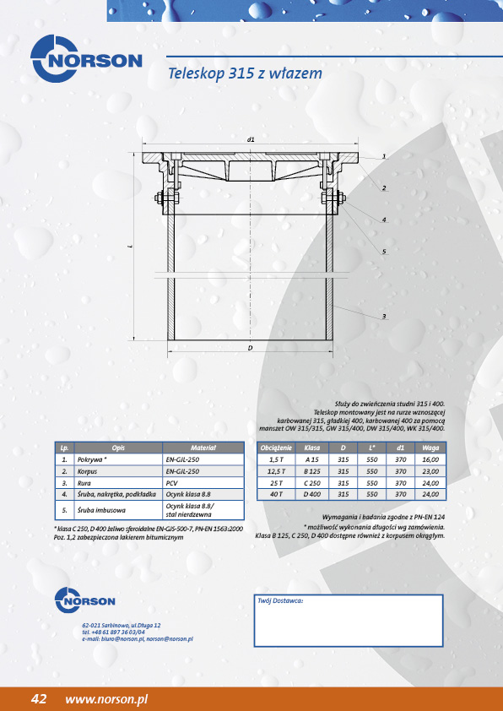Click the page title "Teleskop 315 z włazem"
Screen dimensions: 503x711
(245, 73)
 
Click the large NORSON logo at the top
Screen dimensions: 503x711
(86, 59)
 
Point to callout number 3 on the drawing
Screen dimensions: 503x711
(384, 316)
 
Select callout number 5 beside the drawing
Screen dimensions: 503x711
(384, 251)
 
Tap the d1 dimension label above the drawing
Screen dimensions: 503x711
(251, 139)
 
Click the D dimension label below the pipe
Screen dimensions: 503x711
(250, 348)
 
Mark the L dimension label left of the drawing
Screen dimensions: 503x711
(131, 247)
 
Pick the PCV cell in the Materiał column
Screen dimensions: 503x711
(171, 483)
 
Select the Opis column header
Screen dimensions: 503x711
(118, 448)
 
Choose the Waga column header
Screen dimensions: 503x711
(430, 448)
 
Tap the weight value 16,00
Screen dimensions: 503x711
(430, 459)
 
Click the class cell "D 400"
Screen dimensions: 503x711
(311, 494)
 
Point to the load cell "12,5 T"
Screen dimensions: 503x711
(276, 471)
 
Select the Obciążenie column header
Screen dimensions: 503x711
(276, 448)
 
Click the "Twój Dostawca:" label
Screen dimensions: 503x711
(280, 600)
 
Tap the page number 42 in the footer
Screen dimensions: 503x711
(39, 699)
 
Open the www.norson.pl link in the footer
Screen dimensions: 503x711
(106, 699)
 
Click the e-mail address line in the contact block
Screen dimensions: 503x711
(138, 639)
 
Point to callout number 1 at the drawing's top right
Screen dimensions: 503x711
(384, 156)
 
